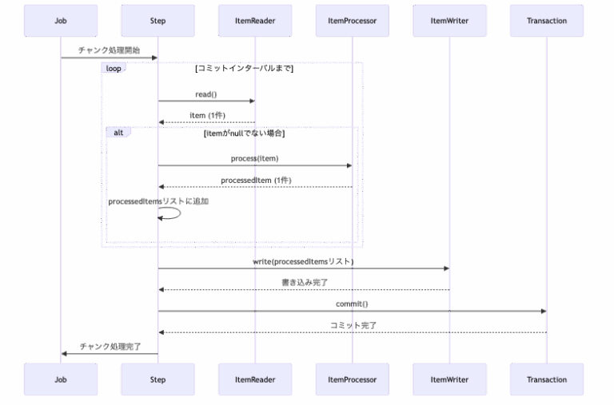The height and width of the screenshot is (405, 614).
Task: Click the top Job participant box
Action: coord(61,21)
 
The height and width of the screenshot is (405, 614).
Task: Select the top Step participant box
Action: coord(157,21)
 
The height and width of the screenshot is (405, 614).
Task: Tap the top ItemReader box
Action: coord(255,21)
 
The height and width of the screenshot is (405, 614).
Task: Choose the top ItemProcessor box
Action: coord(352,21)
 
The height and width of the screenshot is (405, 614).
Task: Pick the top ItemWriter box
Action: coord(449,21)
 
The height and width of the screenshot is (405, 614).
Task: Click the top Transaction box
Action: coord(547,21)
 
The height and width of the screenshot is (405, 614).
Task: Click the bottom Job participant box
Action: coord(61,379)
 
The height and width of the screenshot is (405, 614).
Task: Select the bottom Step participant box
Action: coord(157,379)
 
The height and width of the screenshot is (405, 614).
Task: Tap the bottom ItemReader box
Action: coord(255,379)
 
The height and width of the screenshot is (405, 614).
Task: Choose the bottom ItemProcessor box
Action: coord(352,379)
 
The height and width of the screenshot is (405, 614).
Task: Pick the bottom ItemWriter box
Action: coord(449,379)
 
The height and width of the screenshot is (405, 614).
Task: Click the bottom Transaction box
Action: coord(547,379)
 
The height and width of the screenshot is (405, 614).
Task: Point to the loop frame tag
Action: coord(114,69)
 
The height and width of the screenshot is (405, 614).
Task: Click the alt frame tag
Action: coord(118,132)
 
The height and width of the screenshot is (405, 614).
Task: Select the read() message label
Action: coord(206,94)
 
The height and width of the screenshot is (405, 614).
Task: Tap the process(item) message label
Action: coord(254,158)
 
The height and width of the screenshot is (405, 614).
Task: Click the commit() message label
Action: coord(352,304)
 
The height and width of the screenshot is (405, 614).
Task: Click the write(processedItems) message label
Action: coord(303,261)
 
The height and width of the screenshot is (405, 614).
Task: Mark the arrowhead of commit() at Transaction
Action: coord(544,311)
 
